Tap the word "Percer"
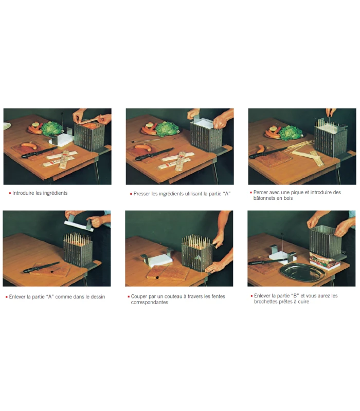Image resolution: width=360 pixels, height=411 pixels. click(261, 192)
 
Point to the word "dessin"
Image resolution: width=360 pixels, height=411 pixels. click(98, 297)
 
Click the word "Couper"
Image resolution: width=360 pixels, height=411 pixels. click(139, 297)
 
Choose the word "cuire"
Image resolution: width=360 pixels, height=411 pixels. click(303, 302)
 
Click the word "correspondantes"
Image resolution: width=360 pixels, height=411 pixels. click(149, 302)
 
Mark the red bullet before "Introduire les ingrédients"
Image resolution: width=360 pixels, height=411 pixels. click(10, 194)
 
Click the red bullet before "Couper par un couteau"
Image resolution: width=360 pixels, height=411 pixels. click(129, 297)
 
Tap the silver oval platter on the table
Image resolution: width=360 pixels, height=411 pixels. click(302, 273)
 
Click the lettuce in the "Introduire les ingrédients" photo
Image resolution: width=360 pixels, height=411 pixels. click(52, 128)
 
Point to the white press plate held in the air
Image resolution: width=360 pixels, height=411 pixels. click(79, 226)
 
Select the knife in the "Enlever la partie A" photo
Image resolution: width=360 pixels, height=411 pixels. click(41, 267)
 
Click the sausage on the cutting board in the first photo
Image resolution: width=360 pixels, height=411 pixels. click(29, 146)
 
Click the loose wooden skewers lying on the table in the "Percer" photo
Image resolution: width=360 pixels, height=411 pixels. click(305, 152)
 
